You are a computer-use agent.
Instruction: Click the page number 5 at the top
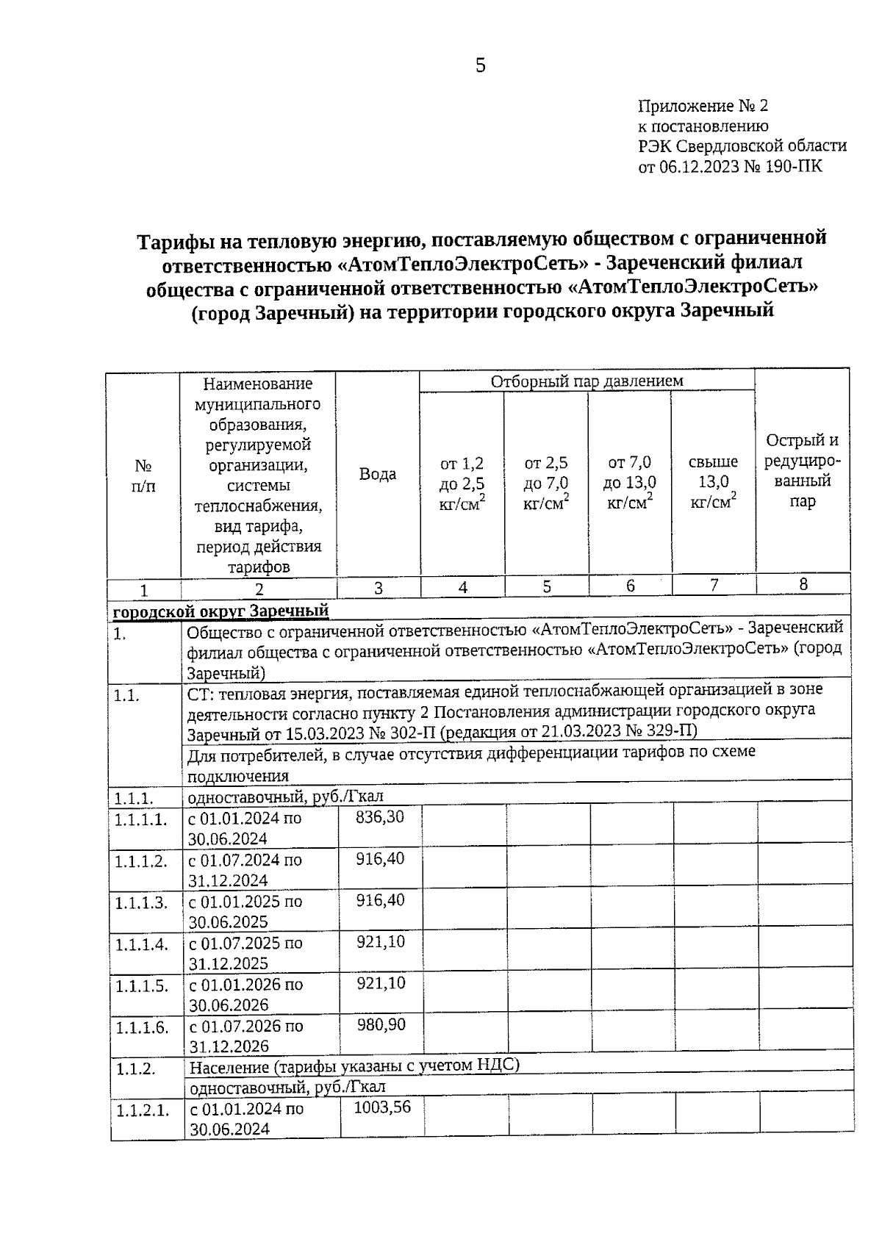480,66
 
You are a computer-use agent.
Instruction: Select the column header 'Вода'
378,474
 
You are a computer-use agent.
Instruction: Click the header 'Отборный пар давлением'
587,381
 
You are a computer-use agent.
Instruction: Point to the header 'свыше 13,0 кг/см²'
713,482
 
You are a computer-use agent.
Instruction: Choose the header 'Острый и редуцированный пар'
802,470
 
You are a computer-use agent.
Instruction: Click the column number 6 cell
630,586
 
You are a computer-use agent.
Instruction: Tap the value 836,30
379,816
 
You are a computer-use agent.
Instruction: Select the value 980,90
381,1024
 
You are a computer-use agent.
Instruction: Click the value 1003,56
382,1107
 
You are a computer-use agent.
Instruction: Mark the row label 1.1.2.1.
143,1110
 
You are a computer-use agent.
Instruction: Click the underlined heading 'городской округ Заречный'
220,611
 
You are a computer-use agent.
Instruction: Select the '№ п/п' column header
143,475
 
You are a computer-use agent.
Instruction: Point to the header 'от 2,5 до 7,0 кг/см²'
546,483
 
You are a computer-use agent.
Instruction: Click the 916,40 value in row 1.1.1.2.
380,858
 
